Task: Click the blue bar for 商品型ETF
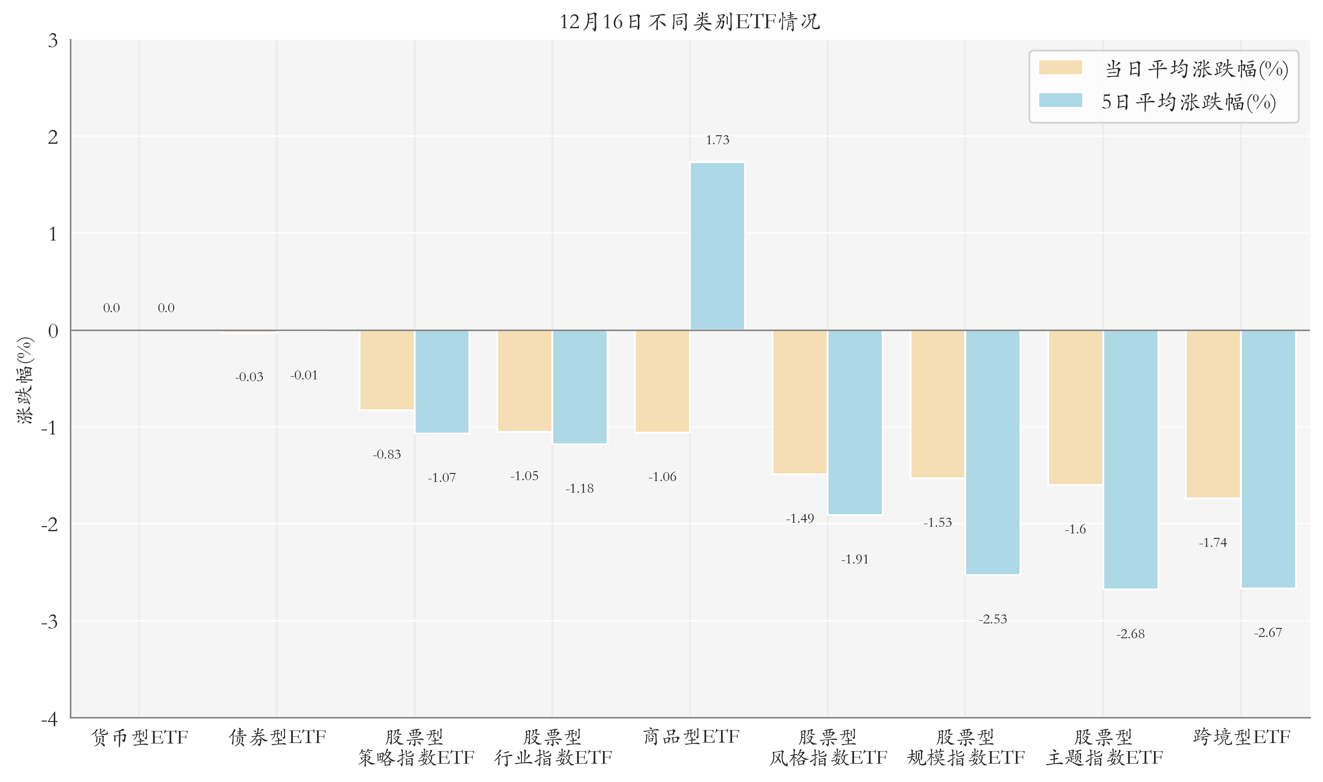(717, 246)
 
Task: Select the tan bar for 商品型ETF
(662, 381)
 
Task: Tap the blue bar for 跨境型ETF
(1268, 459)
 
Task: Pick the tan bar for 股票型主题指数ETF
(1075, 407)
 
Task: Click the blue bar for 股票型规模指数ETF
(993, 452)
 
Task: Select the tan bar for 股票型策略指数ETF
(386, 370)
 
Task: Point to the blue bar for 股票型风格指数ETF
(855, 422)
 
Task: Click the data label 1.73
(717, 140)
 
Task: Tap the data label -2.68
(1131, 634)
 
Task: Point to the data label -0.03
(249, 377)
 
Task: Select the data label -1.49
(800, 519)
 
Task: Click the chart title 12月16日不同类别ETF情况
(689, 21)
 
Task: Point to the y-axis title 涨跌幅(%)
(24, 379)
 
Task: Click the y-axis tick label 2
(53, 137)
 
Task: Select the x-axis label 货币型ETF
(139, 737)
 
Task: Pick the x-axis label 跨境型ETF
(1241, 737)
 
